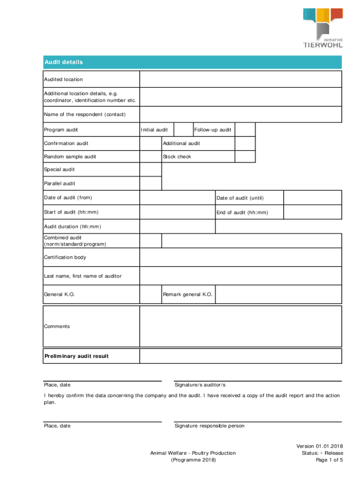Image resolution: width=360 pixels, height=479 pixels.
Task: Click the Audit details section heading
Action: pos(64,62)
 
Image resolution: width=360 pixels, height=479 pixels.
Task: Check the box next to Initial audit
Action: pos(184,130)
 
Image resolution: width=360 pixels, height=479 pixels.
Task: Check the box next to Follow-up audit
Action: pos(245,130)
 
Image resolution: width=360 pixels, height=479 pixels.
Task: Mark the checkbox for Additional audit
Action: pos(245,143)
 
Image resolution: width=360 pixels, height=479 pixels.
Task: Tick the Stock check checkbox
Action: pos(245,157)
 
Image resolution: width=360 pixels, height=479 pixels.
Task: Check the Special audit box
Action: pos(151,170)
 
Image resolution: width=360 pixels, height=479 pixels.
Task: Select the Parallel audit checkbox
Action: pos(151,183)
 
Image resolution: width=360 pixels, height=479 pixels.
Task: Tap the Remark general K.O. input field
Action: pos(278,295)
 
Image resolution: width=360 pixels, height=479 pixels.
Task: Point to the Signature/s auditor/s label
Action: pos(200,385)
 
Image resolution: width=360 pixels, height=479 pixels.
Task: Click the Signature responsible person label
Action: pos(209,426)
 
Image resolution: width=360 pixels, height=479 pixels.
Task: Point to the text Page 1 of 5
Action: pos(329,460)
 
